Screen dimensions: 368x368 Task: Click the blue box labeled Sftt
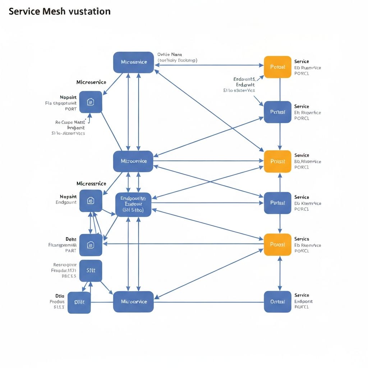[91, 271]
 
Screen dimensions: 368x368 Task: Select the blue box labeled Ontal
[277, 302]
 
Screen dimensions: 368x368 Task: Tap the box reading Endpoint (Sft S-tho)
[133, 204]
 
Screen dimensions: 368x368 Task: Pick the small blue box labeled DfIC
[79, 302]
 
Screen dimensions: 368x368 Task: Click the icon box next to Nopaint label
[91, 102]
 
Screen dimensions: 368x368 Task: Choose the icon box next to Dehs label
[91, 245]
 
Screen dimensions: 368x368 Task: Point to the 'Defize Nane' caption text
[170, 55]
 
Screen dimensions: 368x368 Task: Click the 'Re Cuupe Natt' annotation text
[69, 122]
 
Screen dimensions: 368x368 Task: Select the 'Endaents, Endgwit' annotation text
[244, 82]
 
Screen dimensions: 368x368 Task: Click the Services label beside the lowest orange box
[302, 239]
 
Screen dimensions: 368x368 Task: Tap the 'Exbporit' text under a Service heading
[304, 302]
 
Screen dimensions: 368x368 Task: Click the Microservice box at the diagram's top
[134, 62]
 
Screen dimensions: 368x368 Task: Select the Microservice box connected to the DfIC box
[133, 302]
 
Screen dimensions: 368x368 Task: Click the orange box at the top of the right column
[277, 67]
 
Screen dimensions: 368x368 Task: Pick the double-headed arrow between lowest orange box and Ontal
[280, 273]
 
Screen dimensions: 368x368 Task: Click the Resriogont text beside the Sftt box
[65, 264]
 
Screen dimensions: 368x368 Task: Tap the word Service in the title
[24, 11]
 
